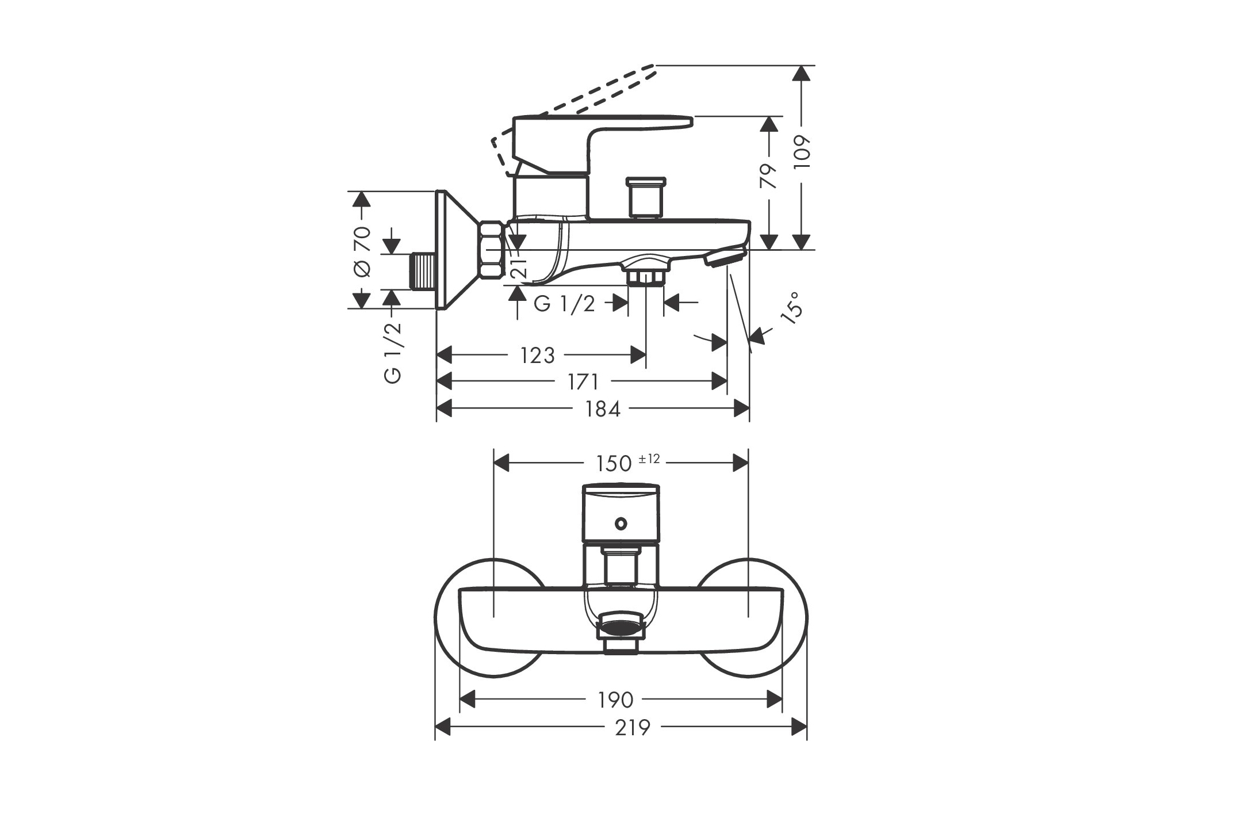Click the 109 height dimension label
pyautogui.click(x=801, y=151)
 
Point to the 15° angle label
pyautogui.click(x=791, y=309)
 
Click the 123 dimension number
pyautogui.click(x=537, y=356)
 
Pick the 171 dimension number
pyautogui.click(x=583, y=381)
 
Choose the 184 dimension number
pyautogui.click(x=603, y=408)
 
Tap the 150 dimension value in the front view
pyautogui.click(x=614, y=463)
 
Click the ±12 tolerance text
pyautogui.click(x=649, y=459)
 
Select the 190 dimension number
pyautogui.click(x=615, y=700)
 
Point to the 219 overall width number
pyautogui.click(x=633, y=728)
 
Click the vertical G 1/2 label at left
pyautogui.click(x=392, y=353)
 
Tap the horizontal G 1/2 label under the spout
pyautogui.click(x=564, y=303)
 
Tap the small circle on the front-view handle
pyautogui.click(x=621, y=524)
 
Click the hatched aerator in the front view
pyautogui.click(x=621, y=625)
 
